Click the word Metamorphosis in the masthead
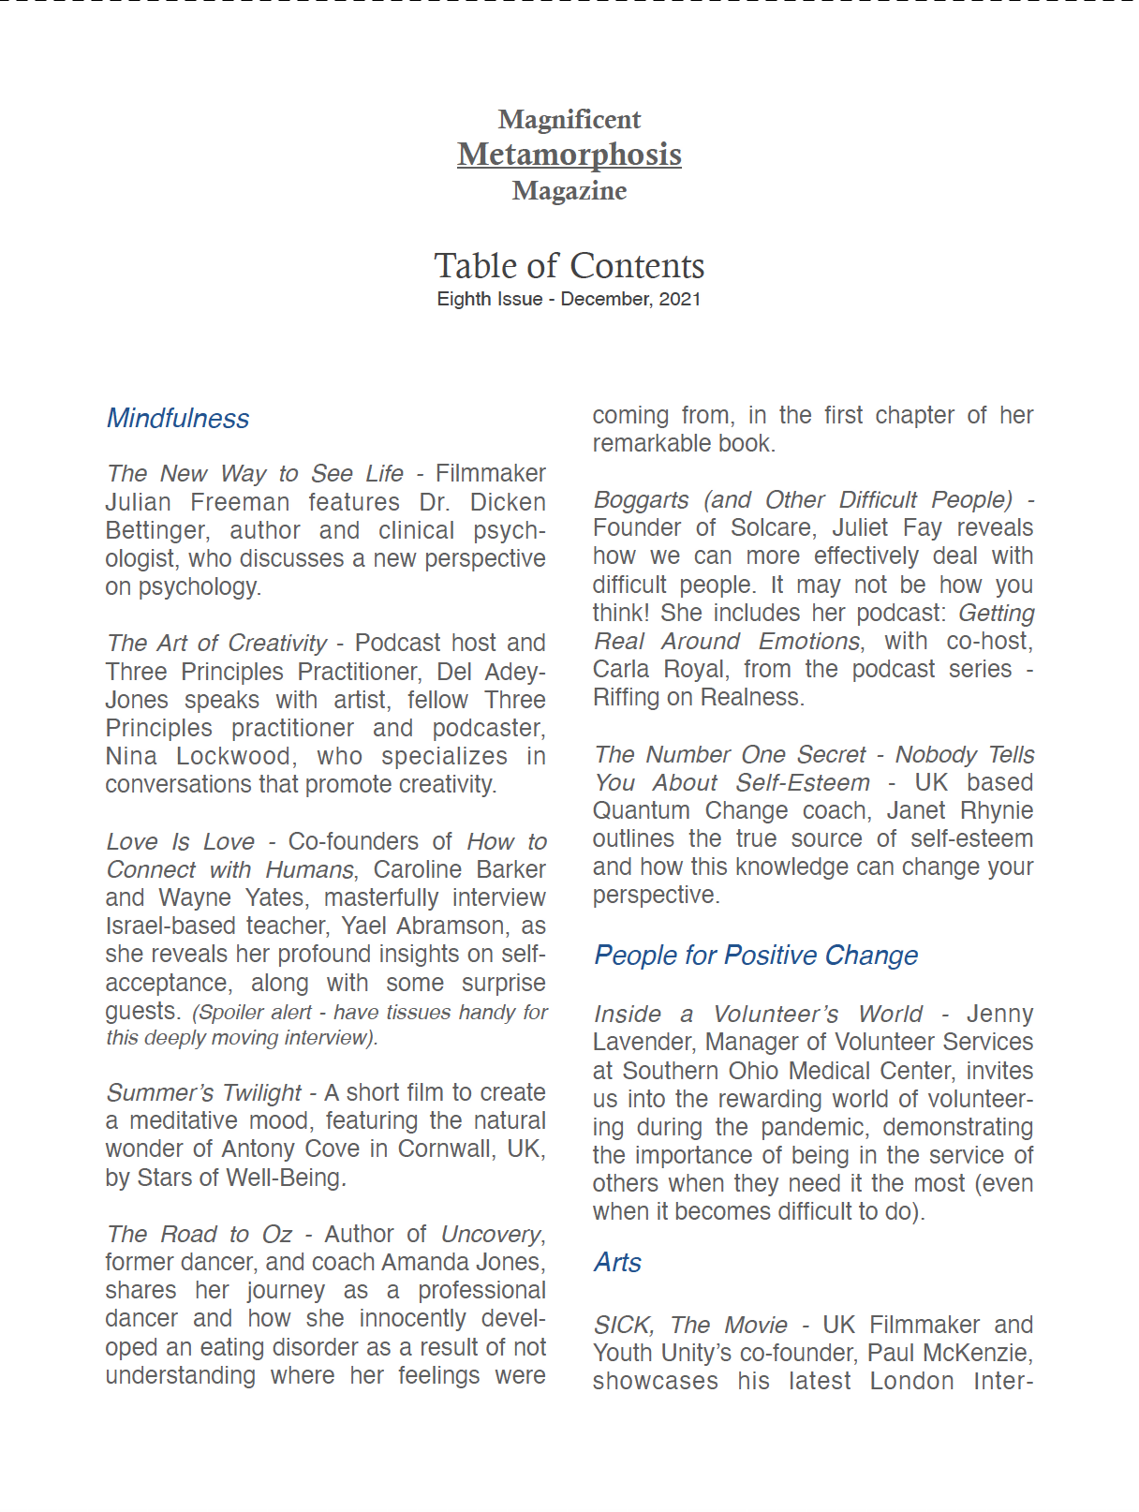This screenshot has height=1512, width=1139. pyautogui.click(x=569, y=155)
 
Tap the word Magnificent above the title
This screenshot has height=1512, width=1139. pyautogui.click(x=569, y=120)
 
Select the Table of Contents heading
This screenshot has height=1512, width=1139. pyautogui.click(x=569, y=266)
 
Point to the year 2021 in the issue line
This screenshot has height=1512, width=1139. pyautogui.click(x=680, y=299)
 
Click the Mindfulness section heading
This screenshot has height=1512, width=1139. pyautogui.click(x=178, y=419)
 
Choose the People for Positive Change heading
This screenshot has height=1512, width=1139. pyautogui.click(x=756, y=956)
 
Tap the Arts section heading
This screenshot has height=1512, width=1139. pyautogui.click(x=617, y=1263)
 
